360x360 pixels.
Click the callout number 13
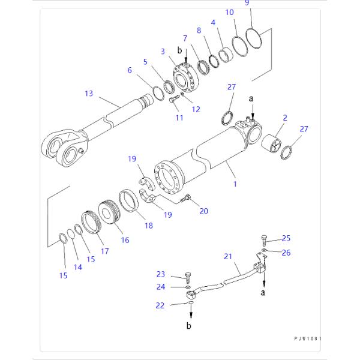tap(89, 93)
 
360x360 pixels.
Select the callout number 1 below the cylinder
tap(235, 184)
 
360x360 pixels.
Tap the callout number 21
tap(228, 256)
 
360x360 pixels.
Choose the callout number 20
tap(203, 211)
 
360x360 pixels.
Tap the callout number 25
tap(286, 238)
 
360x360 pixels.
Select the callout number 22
tap(160, 305)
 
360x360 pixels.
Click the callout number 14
tap(77, 268)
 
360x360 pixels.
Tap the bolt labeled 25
tap(265, 241)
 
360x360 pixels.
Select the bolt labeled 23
tap(188, 277)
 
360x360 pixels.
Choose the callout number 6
tap(130, 70)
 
